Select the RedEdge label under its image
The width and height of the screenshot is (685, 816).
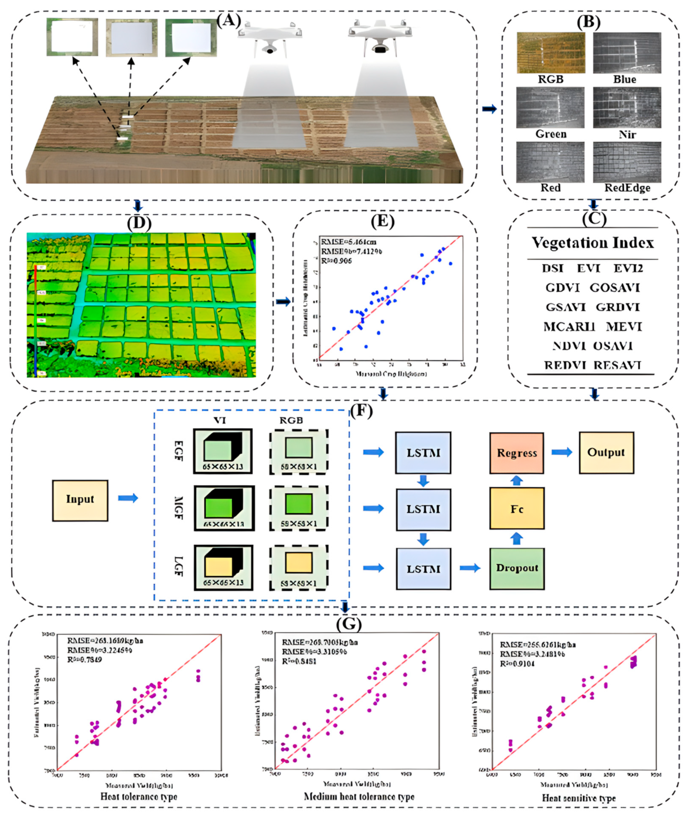pos(627,188)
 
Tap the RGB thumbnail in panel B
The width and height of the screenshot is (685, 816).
pos(551,53)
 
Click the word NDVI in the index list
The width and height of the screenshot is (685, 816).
pos(568,346)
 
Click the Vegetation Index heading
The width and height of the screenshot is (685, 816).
pos(593,243)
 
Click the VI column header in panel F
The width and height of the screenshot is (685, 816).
pos(220,420)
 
